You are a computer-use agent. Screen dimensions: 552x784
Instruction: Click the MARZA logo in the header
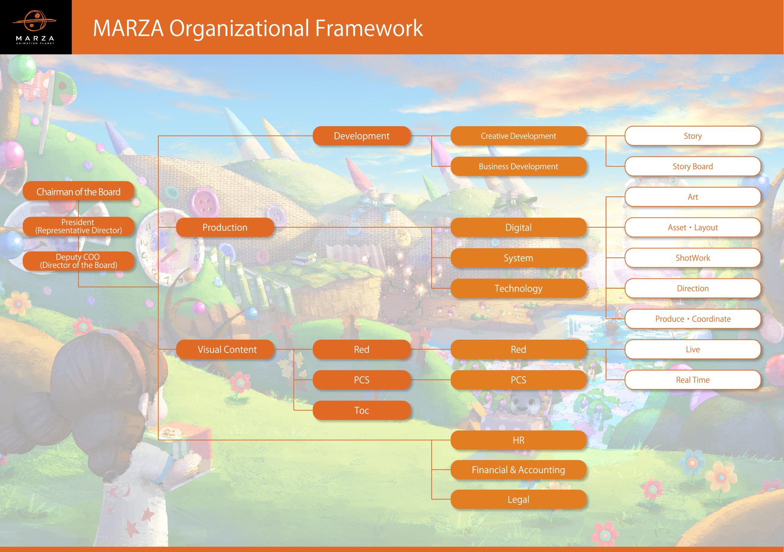(35, 27)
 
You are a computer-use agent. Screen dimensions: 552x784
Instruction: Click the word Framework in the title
(369, 28)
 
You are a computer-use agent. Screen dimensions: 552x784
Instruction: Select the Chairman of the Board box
(78, 192)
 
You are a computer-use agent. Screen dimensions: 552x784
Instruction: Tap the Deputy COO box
(78, 261)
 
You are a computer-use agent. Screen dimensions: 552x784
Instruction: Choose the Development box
(361, 136)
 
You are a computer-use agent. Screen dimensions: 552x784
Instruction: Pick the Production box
(225, 228)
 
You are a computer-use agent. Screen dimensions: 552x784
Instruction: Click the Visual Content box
(227, 349)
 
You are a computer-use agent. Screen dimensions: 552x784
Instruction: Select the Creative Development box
(518, 136)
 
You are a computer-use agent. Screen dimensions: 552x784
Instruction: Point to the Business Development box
(518, 167)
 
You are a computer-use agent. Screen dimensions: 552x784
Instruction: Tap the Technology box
(518, 289)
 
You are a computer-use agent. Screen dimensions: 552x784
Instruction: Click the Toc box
(361, 411)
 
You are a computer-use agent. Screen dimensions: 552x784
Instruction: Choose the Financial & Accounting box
(518, 470)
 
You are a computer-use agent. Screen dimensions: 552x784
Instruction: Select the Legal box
(518, 500)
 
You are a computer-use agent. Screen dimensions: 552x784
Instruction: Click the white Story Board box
(693, 167)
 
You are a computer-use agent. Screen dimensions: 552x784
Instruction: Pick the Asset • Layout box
(693, 228)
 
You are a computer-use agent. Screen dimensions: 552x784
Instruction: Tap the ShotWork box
(693, 258)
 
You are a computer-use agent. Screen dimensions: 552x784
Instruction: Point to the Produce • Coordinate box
(693, 319)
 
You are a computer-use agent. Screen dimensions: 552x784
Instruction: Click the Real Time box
(693, 380)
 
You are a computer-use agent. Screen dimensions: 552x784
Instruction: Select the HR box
(518, 440)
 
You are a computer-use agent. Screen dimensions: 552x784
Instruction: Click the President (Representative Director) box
(78, 226)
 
